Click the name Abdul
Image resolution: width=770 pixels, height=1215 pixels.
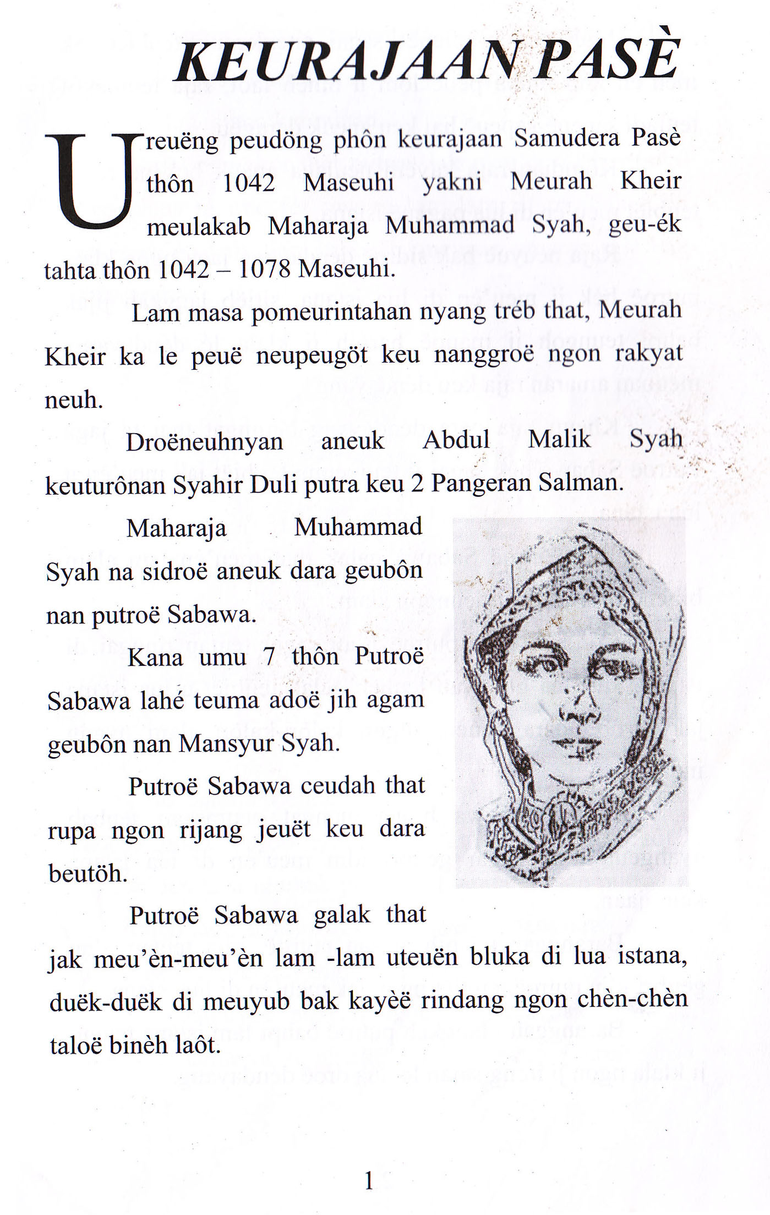pos(456,440)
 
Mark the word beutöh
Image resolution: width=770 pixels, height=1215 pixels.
pos(88,873)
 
